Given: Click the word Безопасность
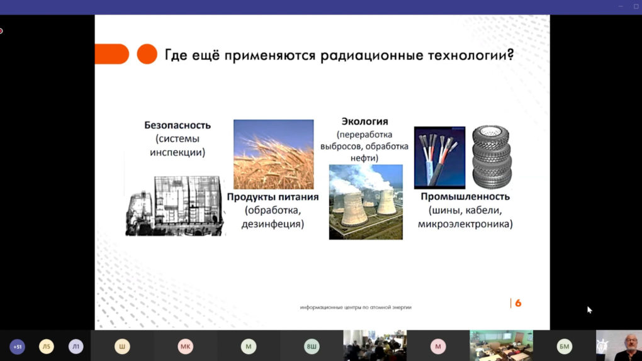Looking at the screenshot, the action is click(x=177, y=125).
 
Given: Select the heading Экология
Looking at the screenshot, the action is click(x=365, y=121).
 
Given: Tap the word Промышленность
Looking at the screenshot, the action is click(x=465, y=196).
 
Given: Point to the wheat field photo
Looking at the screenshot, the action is click(x=274, y=154).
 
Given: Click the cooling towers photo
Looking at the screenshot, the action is click(x=366, y=202).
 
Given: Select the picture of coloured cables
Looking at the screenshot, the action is click(x=439, y=158).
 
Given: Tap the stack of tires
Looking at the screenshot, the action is click(x=492, y=157).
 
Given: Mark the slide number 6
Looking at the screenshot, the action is click(x=518, y=303).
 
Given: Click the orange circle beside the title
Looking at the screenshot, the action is click(x=147, y=54).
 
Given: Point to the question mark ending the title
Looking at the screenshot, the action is click(x=510, y=55).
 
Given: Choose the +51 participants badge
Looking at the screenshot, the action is click(x=17, y=347).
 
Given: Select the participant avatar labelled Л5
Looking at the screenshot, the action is click(x=47, y=347).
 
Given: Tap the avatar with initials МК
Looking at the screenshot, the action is click(x=185, y=347).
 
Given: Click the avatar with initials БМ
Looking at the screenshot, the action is click(x=564, y=347).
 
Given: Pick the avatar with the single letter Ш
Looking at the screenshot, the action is click(x=122, y=347).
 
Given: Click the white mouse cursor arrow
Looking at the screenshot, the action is click(x=589, y=310).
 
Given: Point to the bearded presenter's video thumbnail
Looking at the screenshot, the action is click(x=619, y=346).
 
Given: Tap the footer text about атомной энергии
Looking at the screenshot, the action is click(x=356, y=308).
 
